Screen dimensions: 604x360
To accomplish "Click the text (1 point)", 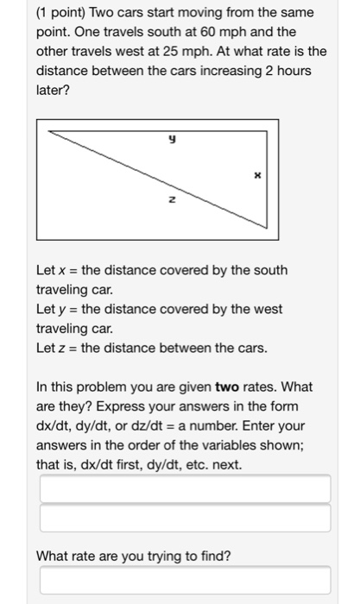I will (x=65, y=13).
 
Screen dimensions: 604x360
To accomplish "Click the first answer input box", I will (x=183, y=489).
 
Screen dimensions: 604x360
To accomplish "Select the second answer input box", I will (x=183, y=519).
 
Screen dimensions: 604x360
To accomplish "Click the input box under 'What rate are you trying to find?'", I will (x=183, y=580).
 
